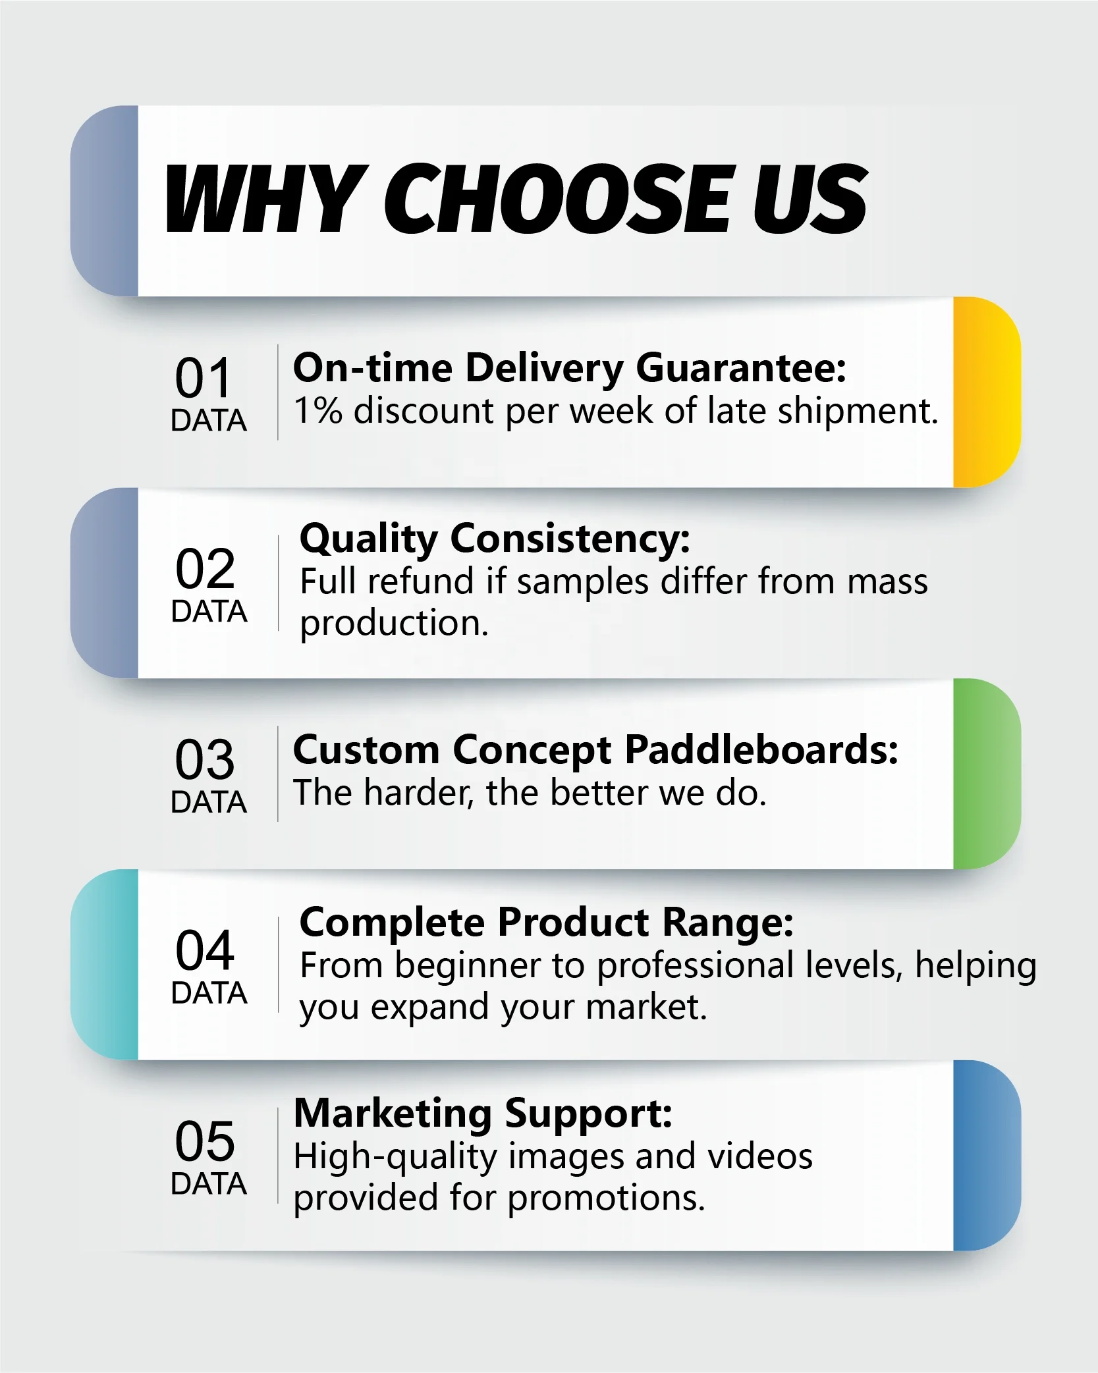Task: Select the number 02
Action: [x=205, y=568]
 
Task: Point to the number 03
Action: [x=204, y=759]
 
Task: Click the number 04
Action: [x=205, y=950]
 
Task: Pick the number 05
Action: [x=204, y=1141]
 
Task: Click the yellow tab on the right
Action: [x=987, y=392]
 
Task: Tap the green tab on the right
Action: [x=987, y=774]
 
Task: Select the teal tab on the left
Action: [x=104, y=965]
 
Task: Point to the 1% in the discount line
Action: [x=318, y=410]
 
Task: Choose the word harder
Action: [x=419, y=793]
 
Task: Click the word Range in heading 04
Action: [x=727, y=922]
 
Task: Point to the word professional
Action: [x=696, y=967]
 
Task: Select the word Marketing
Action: [x=393, y=1114]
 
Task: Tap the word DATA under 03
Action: [x=209, y=802]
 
